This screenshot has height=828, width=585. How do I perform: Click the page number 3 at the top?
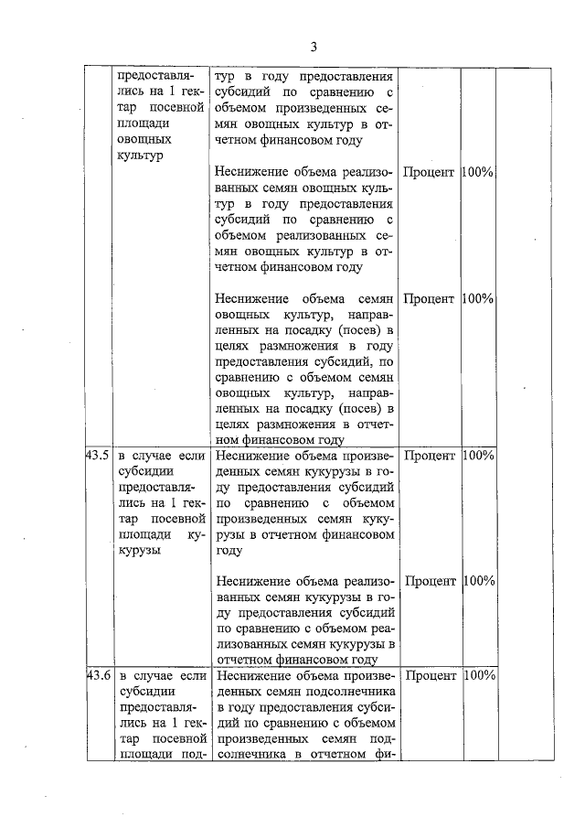coord(313,48)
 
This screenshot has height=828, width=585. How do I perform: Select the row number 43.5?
coord(98,456)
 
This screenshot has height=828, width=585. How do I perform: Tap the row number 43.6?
coord(98,676)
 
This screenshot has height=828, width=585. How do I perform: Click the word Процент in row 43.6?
coord(430,676)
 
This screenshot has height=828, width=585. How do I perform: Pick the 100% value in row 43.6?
coord(479,676)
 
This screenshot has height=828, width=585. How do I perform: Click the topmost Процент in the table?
coord(430,172)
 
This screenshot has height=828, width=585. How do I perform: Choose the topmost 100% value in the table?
coord(479,172)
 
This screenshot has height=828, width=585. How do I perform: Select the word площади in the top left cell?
coord(144,124)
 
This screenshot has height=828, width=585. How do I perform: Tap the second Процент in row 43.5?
coord(430,581)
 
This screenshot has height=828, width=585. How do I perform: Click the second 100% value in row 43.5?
coord(479,581)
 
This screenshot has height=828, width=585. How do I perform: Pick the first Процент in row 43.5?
coord(430,456)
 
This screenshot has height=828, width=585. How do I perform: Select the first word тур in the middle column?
coord(226,76)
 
